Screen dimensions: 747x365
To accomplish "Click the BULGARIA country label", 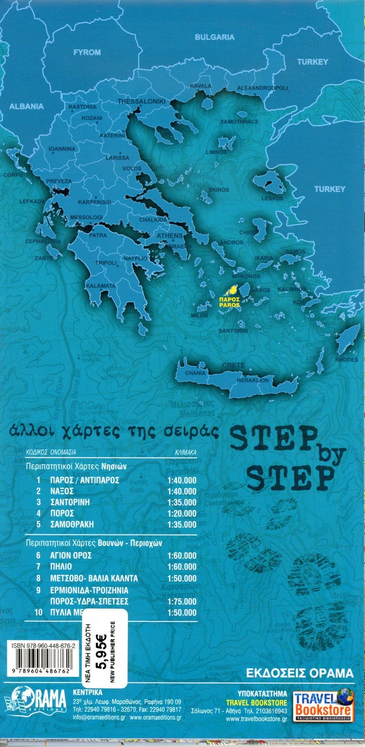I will [214, 37].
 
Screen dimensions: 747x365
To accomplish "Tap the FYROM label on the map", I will [87, 52].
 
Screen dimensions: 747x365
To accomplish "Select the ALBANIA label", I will [27, 106].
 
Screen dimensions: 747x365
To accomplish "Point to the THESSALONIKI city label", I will [141, 101].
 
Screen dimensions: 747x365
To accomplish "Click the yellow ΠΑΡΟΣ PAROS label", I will [230, 301].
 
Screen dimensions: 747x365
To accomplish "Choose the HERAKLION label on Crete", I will [253, 380].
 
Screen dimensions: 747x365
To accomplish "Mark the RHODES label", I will [347, 359].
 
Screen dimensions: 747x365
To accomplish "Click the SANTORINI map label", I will [233, 331].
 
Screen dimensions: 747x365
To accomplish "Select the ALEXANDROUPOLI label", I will [263, 88].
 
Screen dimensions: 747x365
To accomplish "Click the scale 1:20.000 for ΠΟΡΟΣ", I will [182, 513].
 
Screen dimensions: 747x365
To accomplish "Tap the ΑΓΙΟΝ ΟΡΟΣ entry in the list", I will [70, 556].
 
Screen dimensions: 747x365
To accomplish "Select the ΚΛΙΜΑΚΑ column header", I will [185, 452].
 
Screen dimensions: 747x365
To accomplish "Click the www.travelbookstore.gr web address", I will [256, 719].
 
